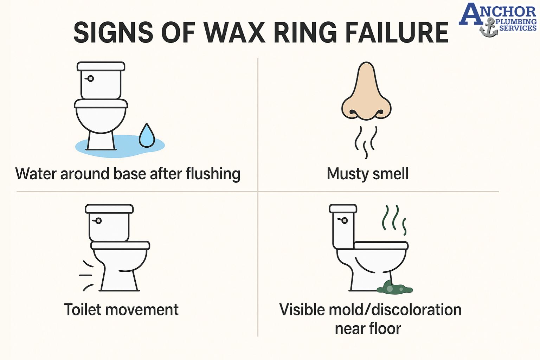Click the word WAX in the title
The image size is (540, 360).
(x=235, y=33)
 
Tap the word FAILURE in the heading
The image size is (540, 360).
(x=397, y=33)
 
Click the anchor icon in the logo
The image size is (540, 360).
(x=488, y=28)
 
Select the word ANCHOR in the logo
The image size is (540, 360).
(x=498, y=13)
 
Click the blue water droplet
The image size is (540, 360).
(x=147, y=136)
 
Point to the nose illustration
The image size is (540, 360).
(x=366, y=93)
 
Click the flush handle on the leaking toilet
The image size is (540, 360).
(x=90, y=78)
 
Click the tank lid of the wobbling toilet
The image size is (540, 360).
(x=109, y=208)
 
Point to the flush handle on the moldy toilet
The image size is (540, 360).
(x=344, y=220)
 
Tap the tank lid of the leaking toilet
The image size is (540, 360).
(x=101, y=66)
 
